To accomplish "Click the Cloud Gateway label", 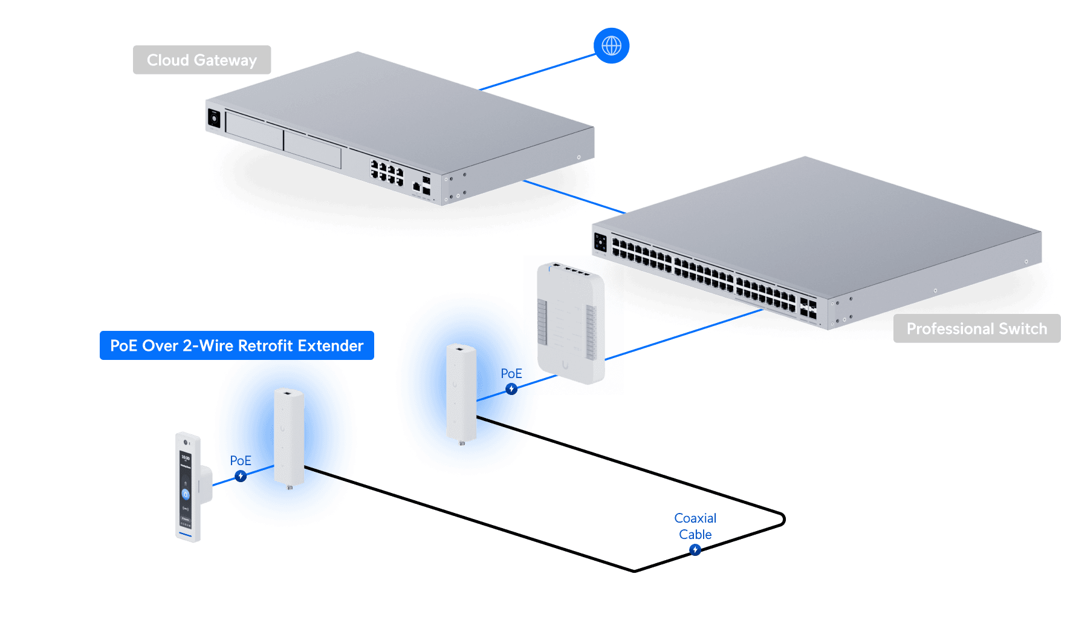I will (202, 60).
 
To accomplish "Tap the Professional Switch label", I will (976, 328).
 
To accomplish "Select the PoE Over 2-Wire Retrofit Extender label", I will (236, 345).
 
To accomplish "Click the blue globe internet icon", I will (611, 45).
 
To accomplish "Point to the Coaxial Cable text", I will (695, 526).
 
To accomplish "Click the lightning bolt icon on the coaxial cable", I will (695, 549).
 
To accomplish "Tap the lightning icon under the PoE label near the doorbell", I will (241, 476).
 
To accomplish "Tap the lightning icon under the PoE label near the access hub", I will (511, 389).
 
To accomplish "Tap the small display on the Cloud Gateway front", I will (214, 118).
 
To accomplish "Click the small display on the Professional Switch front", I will (600, 242).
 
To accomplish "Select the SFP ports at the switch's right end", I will (808, 307).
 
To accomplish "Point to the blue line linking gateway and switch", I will (574, 196).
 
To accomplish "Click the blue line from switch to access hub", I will (683, 335).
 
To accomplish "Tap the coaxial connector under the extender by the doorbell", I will (289, 487).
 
